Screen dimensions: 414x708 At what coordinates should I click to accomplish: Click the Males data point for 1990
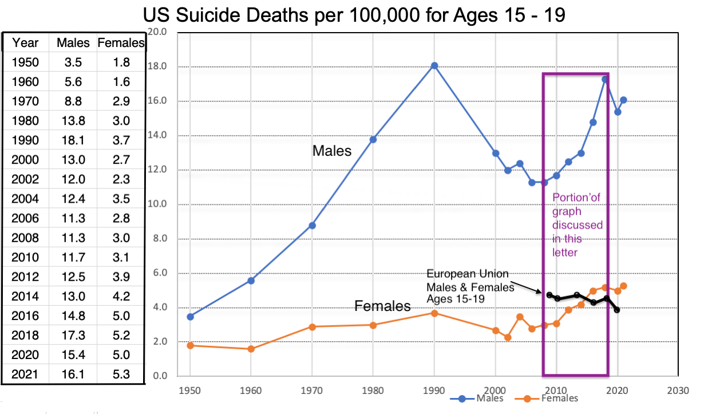pos(434,66)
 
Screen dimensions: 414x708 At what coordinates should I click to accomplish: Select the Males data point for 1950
pos(190,317)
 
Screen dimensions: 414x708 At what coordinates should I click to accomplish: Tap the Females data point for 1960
pos(251,349)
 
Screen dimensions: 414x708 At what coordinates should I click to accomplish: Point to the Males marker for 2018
pos(605,79)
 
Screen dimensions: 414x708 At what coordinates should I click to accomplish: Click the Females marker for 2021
pos(623,286)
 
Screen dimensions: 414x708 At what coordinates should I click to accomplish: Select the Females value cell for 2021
pos(121,374)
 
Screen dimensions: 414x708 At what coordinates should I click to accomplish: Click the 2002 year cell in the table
pos(25,179)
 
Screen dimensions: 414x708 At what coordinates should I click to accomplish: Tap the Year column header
pos(25,42)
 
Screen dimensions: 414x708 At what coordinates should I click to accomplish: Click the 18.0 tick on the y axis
pos(157,66)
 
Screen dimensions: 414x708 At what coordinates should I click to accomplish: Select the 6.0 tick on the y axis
pos(157,273)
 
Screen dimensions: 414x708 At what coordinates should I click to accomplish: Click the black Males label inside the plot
pos(332,151)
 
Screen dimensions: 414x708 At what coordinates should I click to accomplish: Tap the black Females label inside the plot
pos(382,306)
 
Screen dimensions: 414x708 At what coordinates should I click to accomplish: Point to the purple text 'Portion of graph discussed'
pos(576,211)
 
